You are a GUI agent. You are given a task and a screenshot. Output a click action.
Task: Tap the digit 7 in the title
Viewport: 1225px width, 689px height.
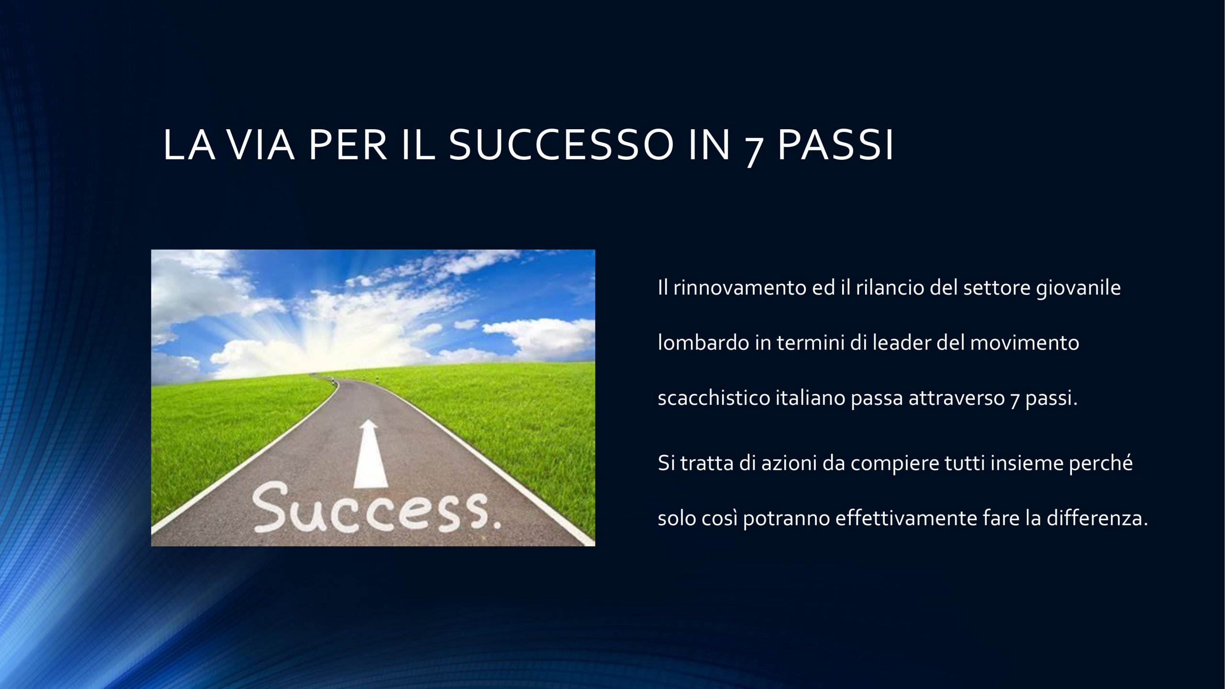[756, 149]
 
